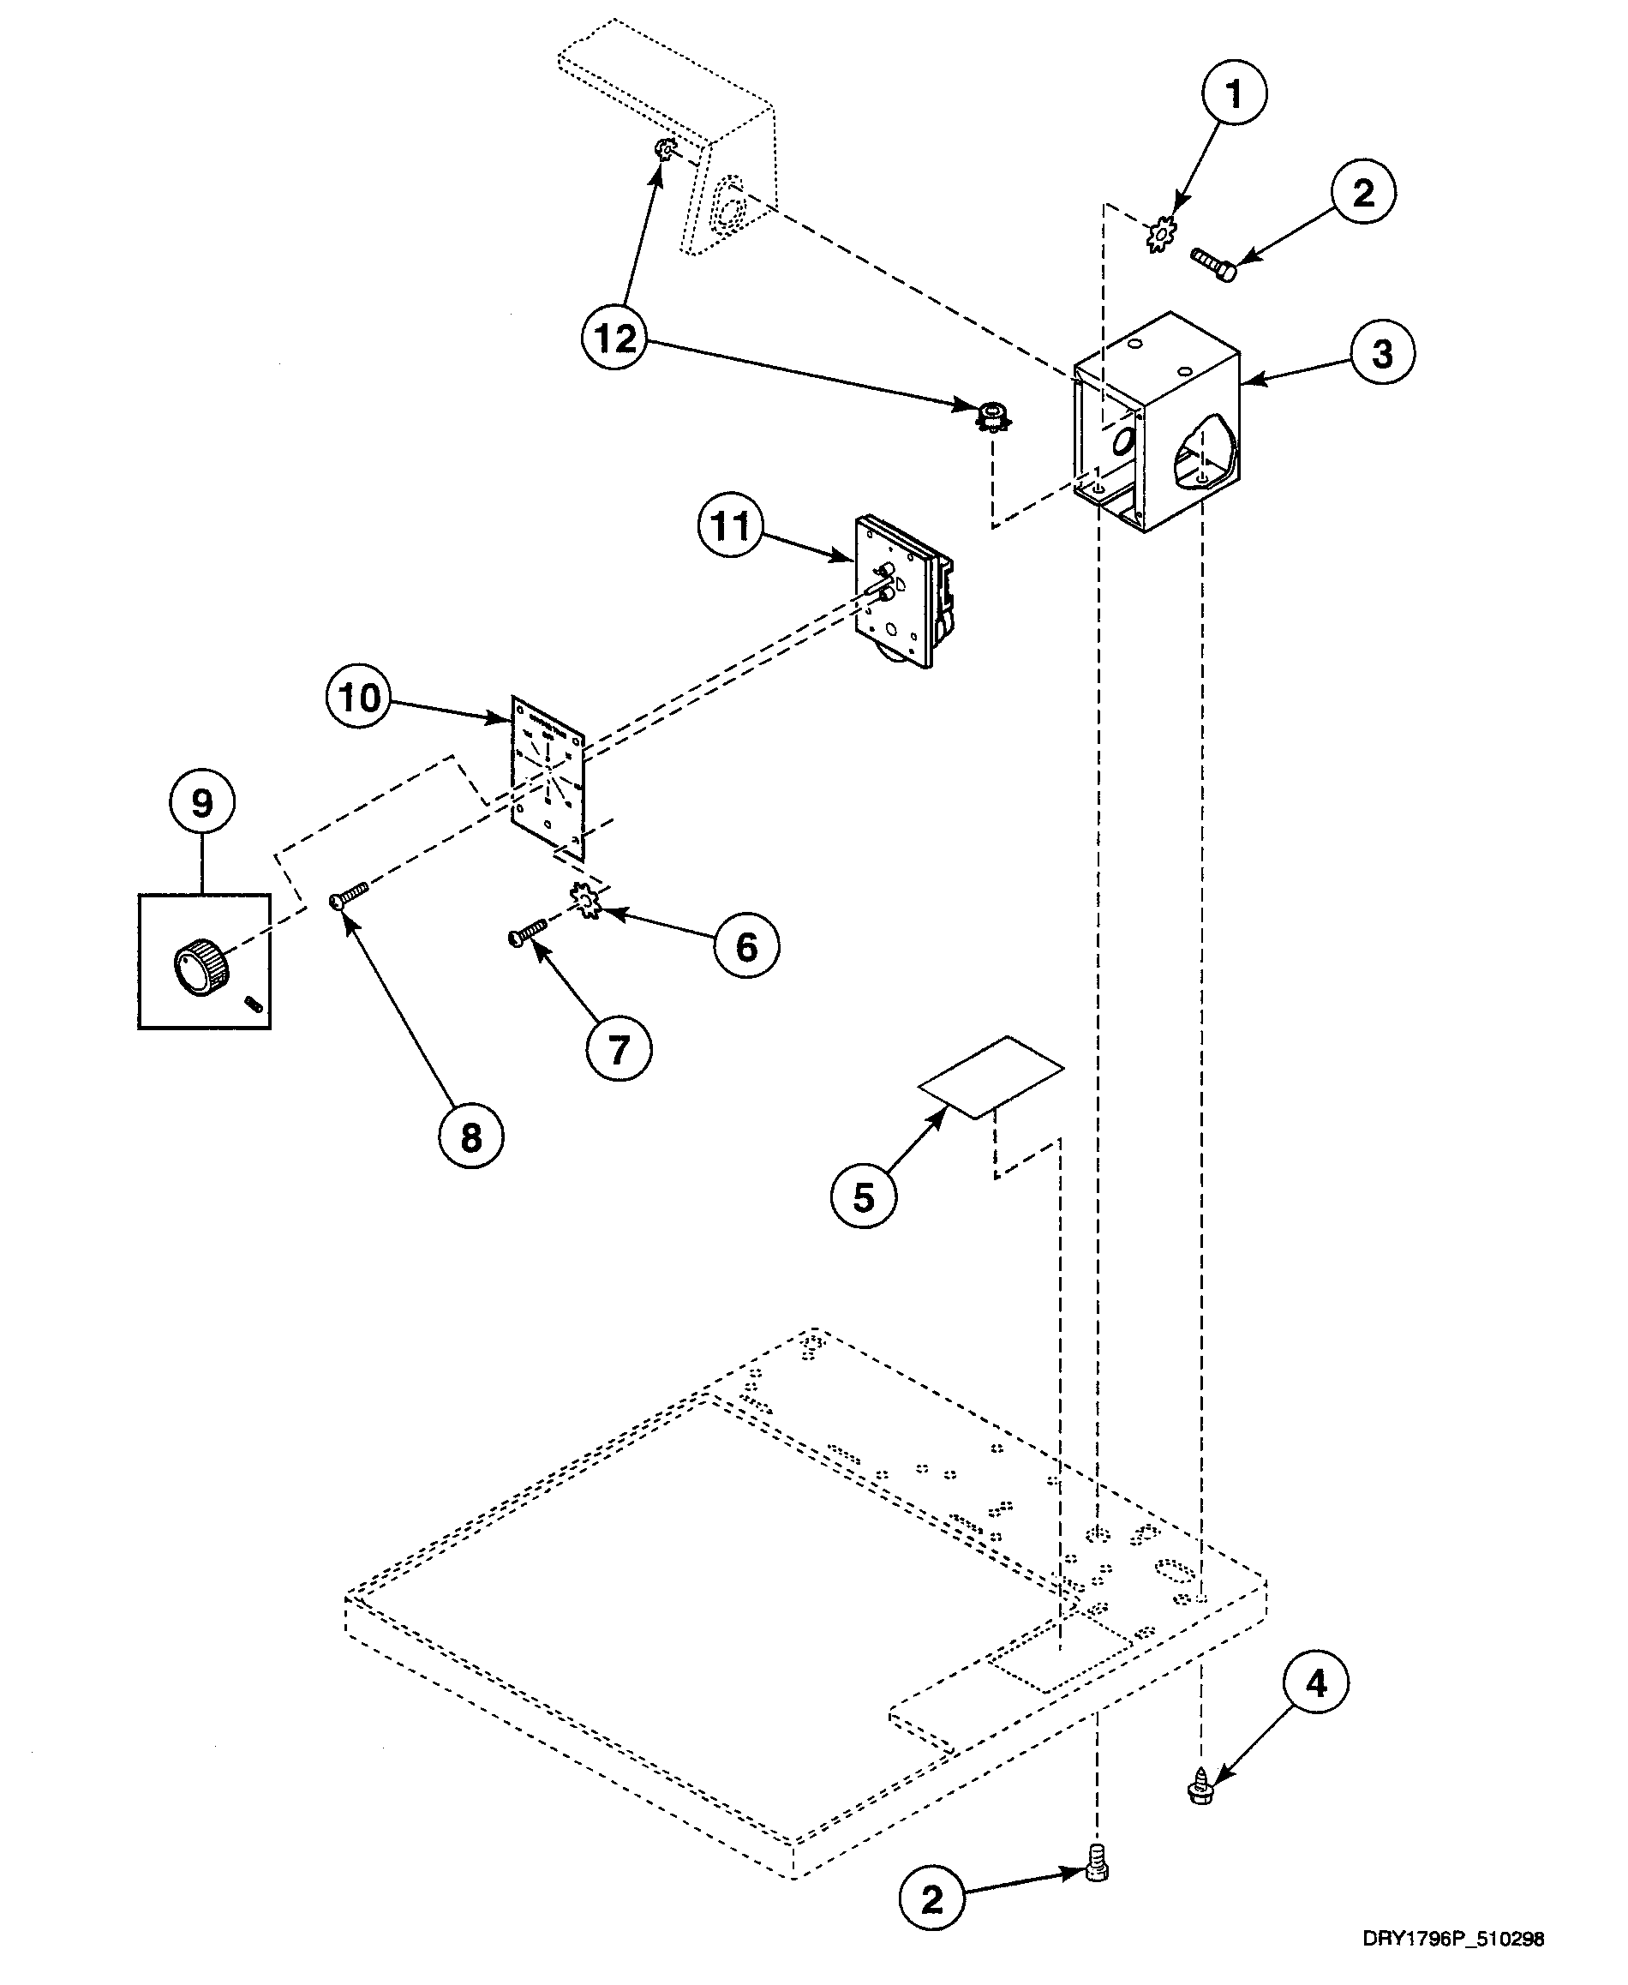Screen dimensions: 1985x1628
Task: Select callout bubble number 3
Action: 1382,355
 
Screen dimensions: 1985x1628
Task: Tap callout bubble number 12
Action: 615,339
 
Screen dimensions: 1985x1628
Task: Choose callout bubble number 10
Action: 359,697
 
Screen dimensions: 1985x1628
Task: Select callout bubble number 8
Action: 470,1137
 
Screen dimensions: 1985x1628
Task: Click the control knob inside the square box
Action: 198,969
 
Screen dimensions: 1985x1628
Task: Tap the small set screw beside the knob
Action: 251,1004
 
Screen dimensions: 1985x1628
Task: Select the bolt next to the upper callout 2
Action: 1213,264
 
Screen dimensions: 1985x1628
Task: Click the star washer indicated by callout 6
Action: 587,902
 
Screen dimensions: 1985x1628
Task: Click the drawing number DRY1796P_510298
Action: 1452,1938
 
